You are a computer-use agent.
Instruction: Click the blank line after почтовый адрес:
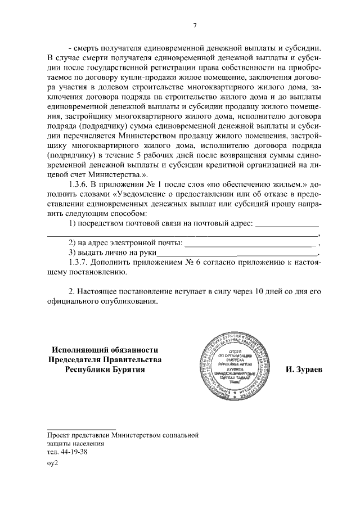(x=287, y=224)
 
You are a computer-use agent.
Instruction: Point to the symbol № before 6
(x=189, y=264)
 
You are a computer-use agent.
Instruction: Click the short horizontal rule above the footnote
(x=81, y=429)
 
